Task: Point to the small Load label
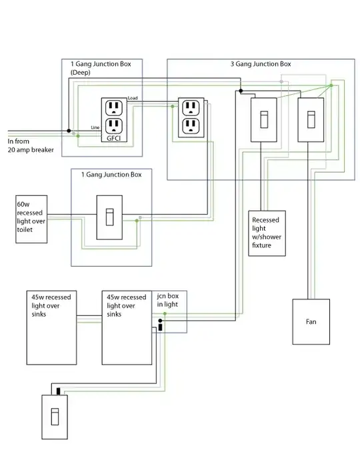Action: pyautogui.click(x=133, y=98)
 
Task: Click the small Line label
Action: pyautogui.click(x=95, y=127)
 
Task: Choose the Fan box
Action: pyautogui.click(x=311, y=321)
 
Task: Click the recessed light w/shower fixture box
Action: pyautogui.click(x=267, y=234)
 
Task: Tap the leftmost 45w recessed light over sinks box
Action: pyautogui.click(x=53, y=327)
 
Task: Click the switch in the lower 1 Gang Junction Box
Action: pyautogui.click(x=111, y=217)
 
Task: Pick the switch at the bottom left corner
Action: pyautogui.click(x=55, y=417)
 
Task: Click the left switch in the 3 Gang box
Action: pyautogui.click(x=263, y=119)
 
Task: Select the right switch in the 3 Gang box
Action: pyautogui.click(x=310, y=119)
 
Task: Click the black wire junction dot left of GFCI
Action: pyautogui.click(x=69, y=131)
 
